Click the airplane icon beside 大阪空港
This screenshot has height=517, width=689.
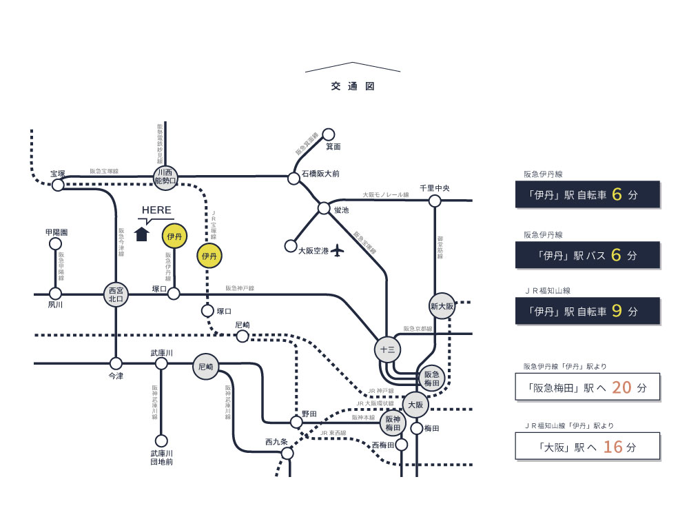pos(337,250)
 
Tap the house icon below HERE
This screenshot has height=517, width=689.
pos(142,234)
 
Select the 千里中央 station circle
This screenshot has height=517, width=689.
pos(435,201)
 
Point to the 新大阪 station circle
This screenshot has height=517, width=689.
pos(442,305)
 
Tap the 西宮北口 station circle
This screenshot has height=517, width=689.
pos(116,294)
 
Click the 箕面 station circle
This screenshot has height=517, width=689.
pos(329,134)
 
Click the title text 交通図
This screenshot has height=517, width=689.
pos(352,87)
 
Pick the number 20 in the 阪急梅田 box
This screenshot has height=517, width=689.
pos(621,387)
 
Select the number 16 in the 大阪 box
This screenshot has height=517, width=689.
pos(613,447)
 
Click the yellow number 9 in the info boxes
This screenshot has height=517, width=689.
pos(617,311)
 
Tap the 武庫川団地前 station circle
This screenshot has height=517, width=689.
pos(161,440)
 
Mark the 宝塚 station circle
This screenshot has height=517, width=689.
pos(58,185)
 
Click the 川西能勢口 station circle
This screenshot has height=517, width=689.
pos(165,176)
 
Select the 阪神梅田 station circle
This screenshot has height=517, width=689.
pos(392,423)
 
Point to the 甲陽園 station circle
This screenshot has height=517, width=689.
pos(56,243)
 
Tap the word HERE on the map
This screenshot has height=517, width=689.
pos(156,210)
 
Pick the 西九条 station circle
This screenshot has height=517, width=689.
pos(287,454)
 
